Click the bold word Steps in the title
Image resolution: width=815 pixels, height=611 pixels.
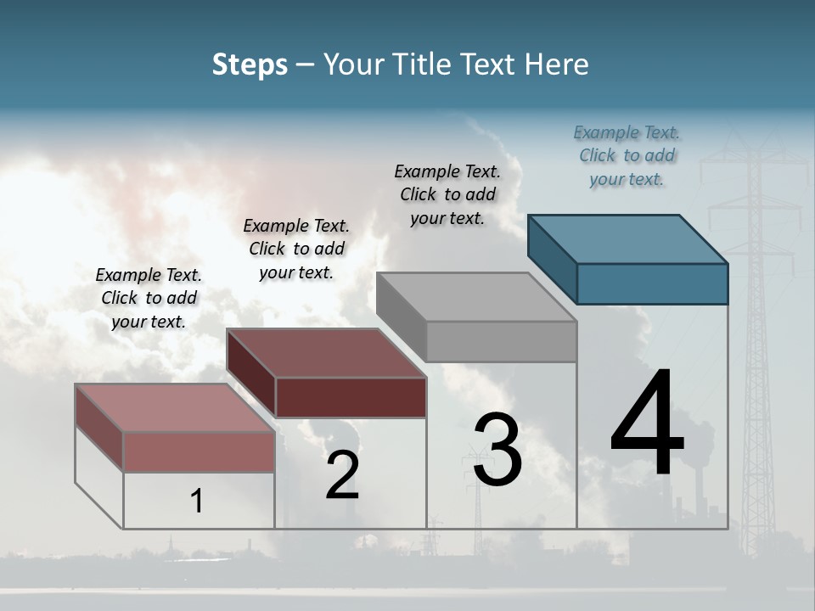[250, 64]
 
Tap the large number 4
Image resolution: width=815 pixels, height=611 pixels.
[647, 424]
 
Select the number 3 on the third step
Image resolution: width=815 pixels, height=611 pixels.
[497, 450]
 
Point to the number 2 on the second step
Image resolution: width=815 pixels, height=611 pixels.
[342, 475]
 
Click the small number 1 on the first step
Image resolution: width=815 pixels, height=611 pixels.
[196, 501]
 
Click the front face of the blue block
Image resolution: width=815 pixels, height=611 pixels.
[652, 283]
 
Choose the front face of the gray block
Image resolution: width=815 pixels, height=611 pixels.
[501, 342]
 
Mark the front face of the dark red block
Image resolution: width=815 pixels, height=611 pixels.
[351, 397]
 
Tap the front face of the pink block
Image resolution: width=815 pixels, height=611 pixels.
[200, 451]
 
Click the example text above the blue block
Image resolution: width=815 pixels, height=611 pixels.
[627, 155]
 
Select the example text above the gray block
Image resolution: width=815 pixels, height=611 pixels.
[447, 194]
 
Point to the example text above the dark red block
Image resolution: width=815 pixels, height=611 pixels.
[296, 249]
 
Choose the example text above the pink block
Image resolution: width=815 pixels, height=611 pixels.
[149, 298]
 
